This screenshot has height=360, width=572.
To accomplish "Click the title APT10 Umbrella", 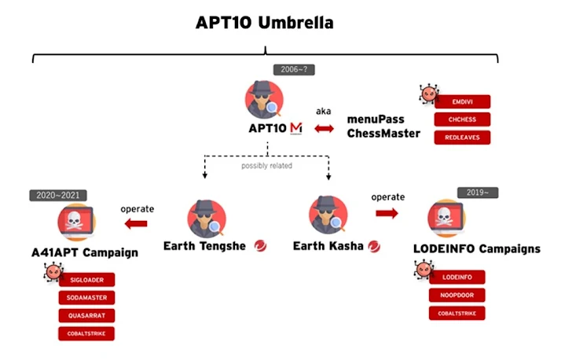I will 264,23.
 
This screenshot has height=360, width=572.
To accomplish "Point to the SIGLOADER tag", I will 86,279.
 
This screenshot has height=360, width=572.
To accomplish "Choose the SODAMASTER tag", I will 86,297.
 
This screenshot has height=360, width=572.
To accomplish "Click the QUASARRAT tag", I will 86,315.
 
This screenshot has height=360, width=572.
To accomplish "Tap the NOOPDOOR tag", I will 456,295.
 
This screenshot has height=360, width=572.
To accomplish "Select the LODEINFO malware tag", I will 456,277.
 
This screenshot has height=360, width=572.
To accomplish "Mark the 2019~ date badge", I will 478,193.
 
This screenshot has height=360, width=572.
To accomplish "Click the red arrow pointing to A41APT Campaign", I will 136,224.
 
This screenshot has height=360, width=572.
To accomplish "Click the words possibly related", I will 267,165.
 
